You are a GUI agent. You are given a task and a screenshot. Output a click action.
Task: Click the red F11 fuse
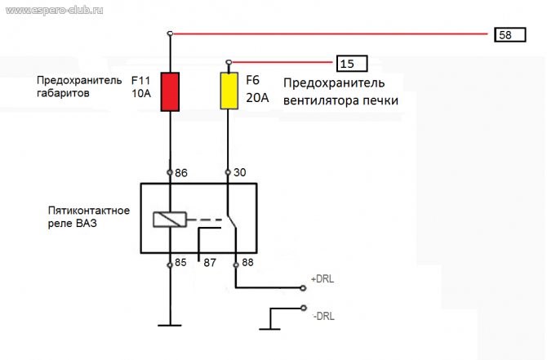[x=170, y=91]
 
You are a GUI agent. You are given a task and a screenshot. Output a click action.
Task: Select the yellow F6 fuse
[x=229, y=91]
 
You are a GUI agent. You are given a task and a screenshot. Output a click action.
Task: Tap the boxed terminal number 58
[x=510, y=35]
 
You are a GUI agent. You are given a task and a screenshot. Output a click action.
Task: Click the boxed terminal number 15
[x=352, y=64]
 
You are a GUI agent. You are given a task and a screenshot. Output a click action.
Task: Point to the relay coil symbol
[x=170, y=220]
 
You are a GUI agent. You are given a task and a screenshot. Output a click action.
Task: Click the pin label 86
[x=181, y=173]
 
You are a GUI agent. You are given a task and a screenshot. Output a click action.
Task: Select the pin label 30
[x=240, y=172]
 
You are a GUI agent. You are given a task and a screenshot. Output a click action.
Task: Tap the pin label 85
[x=180, y=262]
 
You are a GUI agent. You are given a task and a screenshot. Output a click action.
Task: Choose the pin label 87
[x=210, y=263]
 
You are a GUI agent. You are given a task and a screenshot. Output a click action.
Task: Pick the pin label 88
[x=247, y=262]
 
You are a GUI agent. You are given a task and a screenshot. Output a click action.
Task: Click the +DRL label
[x=322, y=279]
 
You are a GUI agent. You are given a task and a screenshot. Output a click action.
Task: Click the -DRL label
[x=324, y=316]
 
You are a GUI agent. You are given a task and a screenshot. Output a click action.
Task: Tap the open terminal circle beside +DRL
[x=303, y=288]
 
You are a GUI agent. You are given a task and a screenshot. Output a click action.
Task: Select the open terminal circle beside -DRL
[x=304, y=308]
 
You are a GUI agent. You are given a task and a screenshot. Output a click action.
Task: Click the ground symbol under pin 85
[x=170, y=325]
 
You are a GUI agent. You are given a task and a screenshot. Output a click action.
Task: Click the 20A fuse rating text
[x=257, y=98]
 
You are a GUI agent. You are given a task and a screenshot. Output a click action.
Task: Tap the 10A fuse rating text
[x=141, y=94]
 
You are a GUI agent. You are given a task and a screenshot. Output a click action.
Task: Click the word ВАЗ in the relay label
[x=86, y=223]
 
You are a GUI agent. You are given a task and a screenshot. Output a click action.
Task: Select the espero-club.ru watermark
[x=55, y=10]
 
